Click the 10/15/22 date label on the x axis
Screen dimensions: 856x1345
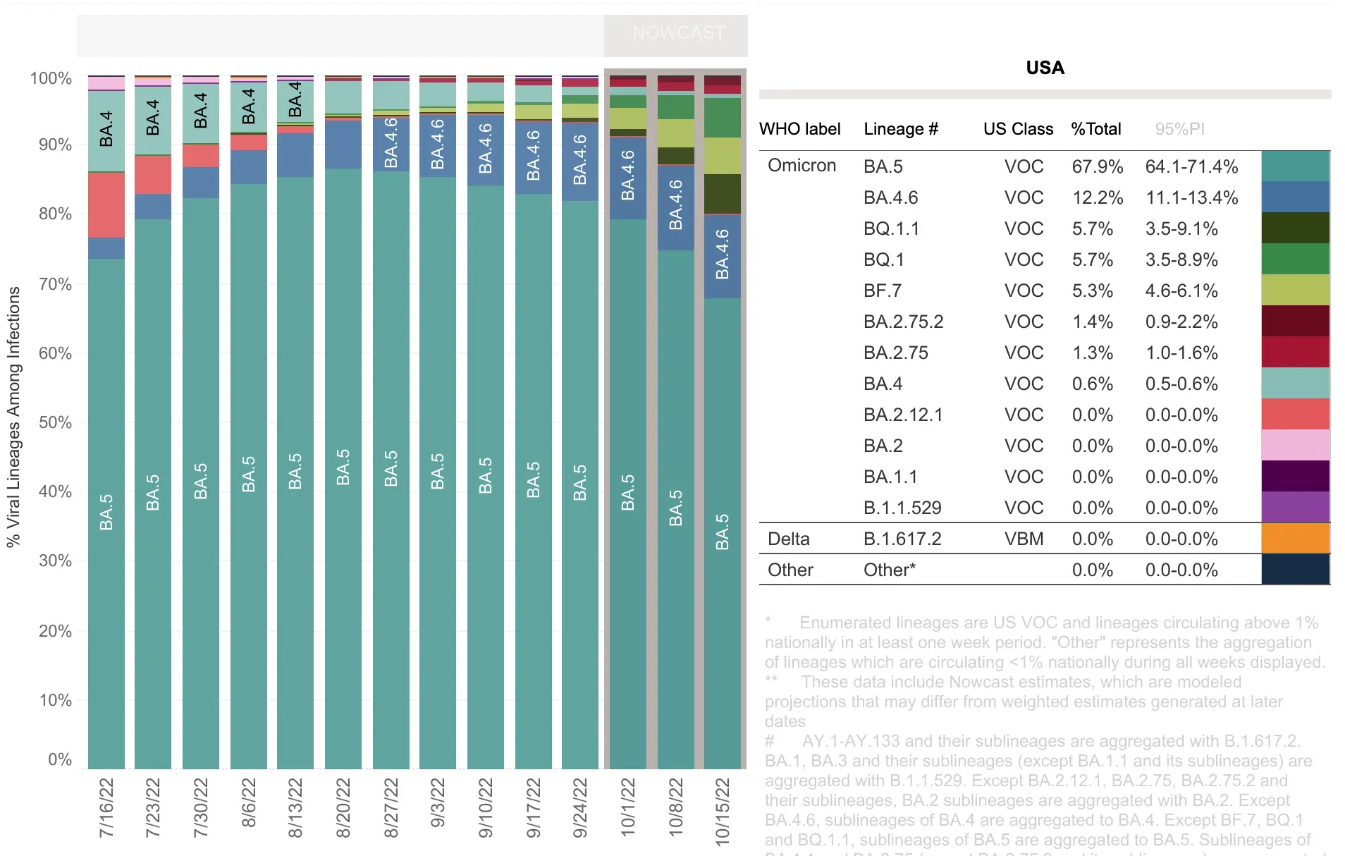(723, 811)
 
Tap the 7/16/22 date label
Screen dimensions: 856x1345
(106, 808)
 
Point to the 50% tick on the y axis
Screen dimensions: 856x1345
(55, 422)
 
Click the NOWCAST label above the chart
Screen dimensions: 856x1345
(678, 32)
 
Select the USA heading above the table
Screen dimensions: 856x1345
(1045, 68)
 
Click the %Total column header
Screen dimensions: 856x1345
(1095, 129)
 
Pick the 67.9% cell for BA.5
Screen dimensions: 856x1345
(1097, 166)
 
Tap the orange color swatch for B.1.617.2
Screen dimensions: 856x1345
(1295, 538)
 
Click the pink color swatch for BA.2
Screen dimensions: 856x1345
(1295, 445)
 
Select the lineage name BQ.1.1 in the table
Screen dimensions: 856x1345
(891, 228)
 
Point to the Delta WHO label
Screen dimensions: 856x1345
(788, 539)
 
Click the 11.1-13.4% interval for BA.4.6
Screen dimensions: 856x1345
(1191, 197)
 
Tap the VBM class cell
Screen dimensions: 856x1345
(1024, 539)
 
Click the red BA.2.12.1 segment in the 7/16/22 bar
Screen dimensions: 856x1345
(106, 205)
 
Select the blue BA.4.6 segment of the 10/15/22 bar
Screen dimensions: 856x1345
(723, 256)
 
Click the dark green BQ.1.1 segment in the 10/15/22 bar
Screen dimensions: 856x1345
(723, 193)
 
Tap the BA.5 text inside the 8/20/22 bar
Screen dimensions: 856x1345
(343, 467)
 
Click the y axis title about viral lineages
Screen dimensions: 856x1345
(14, 416)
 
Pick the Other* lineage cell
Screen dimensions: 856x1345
(889, 570)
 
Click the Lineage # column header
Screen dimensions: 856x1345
(900, 129)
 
